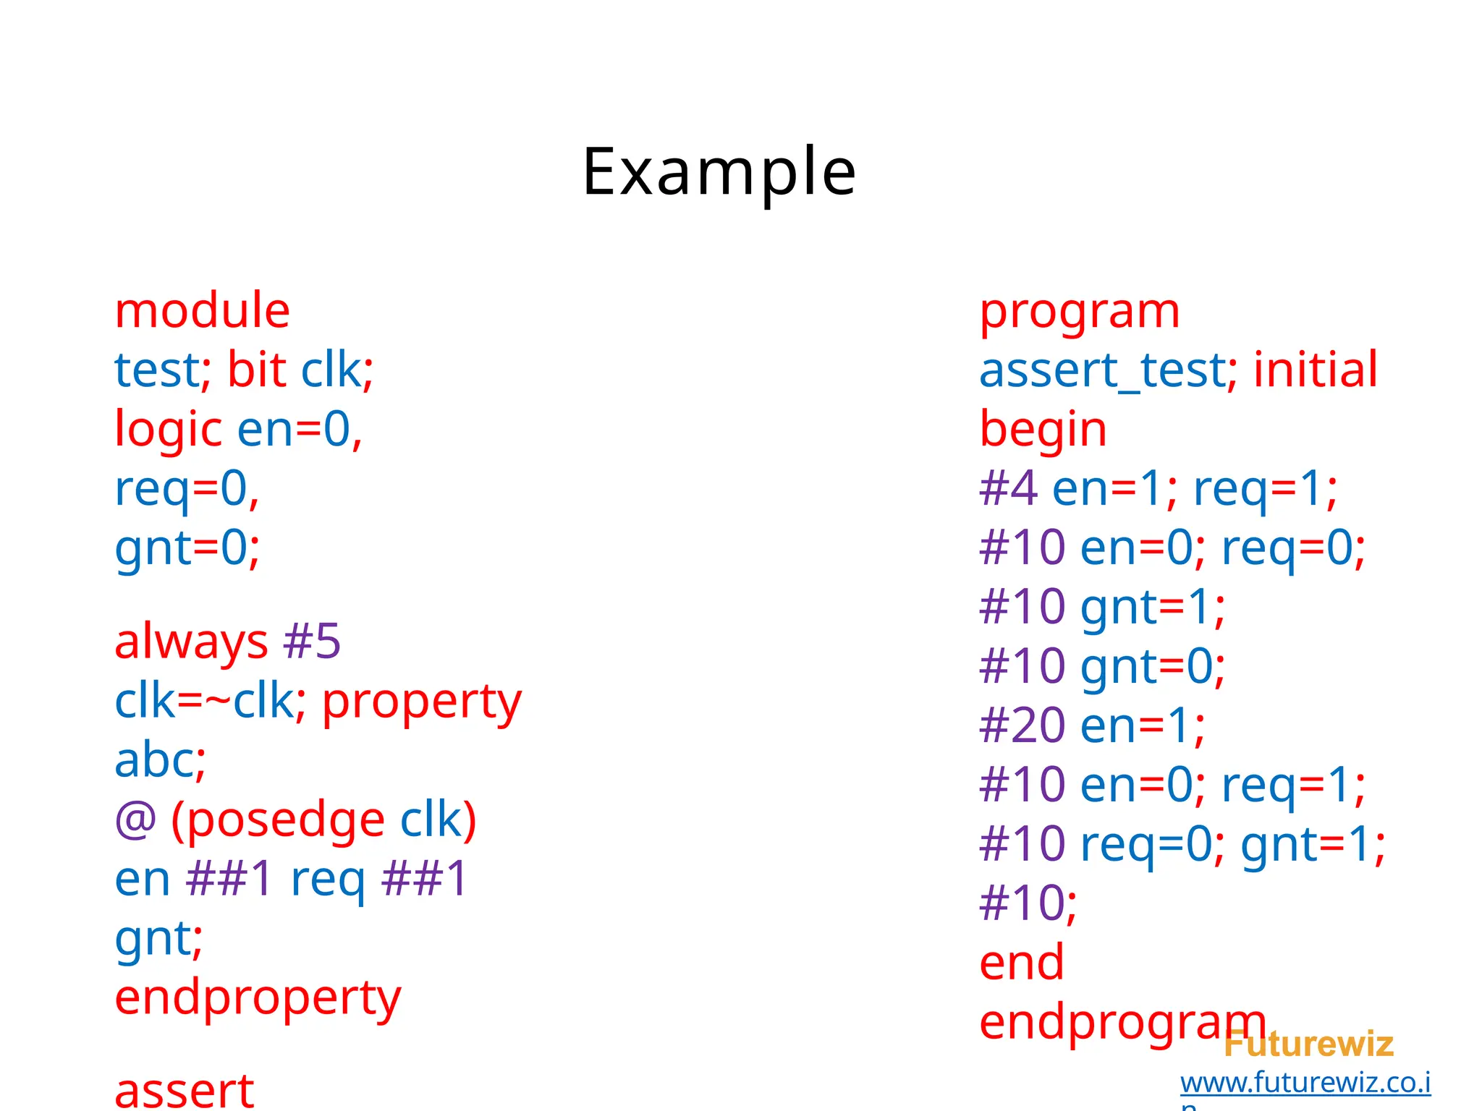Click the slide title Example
point(719,172)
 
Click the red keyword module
point(203,311)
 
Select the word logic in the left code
point(168,429)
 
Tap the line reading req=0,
point(187,489)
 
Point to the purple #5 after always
point(312,642)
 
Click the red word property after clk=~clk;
point(421,702)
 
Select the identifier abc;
point(161,761)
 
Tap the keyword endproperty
point(258,998)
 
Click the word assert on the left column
point(185,1091)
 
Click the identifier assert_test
point(1103,370)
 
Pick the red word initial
point(1315,370)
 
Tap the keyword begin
point(1043,430)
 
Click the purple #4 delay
point(1008,489)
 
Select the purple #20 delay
point(1022,725)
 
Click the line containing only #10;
point(1028,903)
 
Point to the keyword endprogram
point(1122,1022)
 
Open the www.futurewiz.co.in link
point(1305,1083)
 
